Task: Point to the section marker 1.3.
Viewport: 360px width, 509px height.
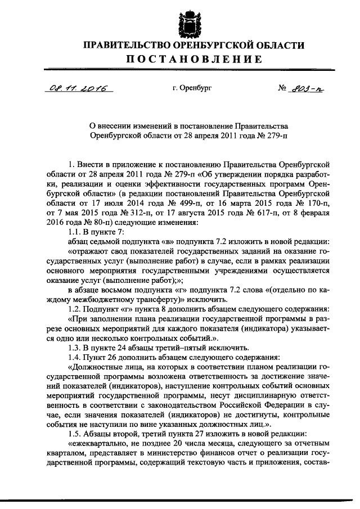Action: point(74,348)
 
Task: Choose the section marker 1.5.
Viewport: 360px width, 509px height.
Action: point(74,434)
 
